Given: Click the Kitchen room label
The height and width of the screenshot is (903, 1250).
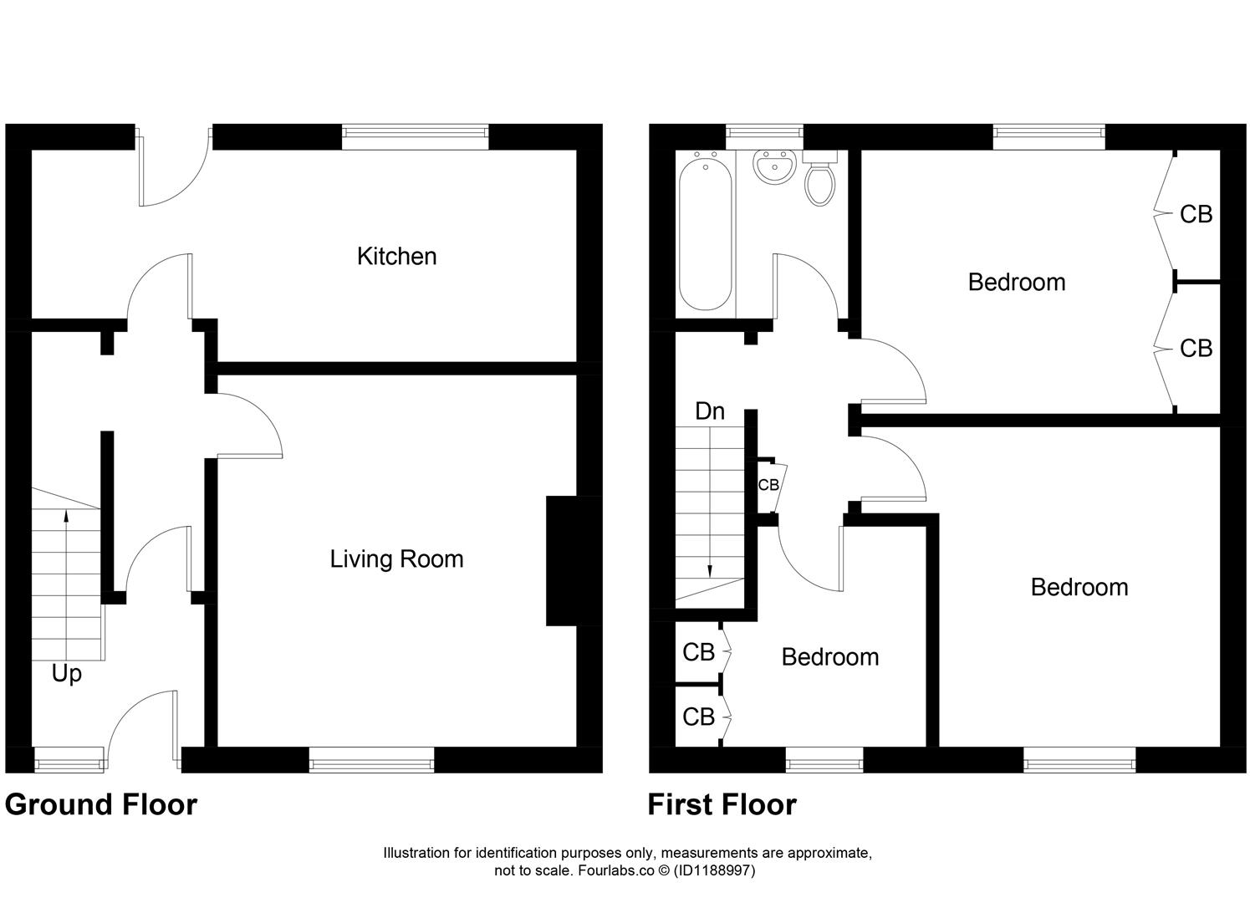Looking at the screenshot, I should [x=396, y=256].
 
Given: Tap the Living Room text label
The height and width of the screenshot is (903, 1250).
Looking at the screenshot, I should [x=396, y=559].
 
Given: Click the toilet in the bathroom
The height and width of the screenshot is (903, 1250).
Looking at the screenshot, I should [x=819, y=181].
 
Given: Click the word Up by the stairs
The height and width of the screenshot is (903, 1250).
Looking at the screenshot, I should [x=66, y=673].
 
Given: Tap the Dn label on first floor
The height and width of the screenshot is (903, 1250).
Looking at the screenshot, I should [x=710, y=411].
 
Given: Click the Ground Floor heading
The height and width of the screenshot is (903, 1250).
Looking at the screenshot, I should [x=101, y=804].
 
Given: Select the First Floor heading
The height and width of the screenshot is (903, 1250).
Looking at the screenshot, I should [x=722, y=804].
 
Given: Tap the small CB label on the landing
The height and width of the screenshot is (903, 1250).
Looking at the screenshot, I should [x=768, y=485].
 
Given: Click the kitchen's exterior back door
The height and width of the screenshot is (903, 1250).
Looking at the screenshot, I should [x=171, y=171].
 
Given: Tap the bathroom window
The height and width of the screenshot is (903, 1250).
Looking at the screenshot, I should [x=764, y=132].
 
